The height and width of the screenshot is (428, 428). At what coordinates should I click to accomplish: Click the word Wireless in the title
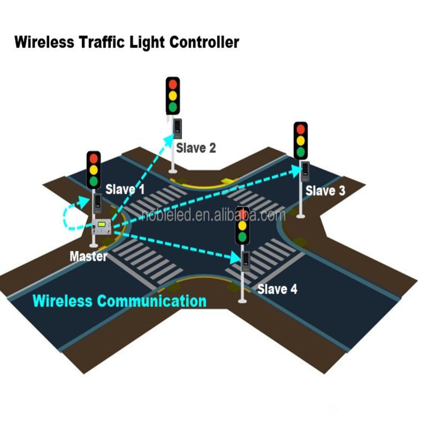click(44, 42)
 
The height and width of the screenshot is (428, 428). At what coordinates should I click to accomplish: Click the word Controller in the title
click(204, 42)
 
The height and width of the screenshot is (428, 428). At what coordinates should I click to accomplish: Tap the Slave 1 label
click(125, 189)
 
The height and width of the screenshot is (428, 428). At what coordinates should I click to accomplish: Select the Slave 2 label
click(196, 148)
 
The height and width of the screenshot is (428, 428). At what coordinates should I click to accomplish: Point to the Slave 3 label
click(325, 191)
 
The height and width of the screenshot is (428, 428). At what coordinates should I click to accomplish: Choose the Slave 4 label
click(277, 289)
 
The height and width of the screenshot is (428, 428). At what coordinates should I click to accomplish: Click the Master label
click(88, 256)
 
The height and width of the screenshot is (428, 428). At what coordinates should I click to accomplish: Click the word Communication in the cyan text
click(152, 301)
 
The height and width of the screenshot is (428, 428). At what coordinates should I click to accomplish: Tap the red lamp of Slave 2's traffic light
click(173, 85)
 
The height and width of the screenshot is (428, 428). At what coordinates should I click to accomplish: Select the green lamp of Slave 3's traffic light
click(301, 152)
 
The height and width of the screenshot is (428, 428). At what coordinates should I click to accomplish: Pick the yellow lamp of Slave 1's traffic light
click(94, 169)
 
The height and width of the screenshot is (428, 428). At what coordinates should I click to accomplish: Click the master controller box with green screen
click(102, 226)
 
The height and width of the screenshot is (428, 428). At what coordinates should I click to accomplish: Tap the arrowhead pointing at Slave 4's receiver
click(235, 258)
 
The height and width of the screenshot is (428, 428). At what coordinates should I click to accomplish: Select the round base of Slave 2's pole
click(173, 171)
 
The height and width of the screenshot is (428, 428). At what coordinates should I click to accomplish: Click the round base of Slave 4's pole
click(242, 301)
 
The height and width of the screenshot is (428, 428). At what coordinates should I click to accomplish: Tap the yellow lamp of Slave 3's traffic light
click(301, 140)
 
